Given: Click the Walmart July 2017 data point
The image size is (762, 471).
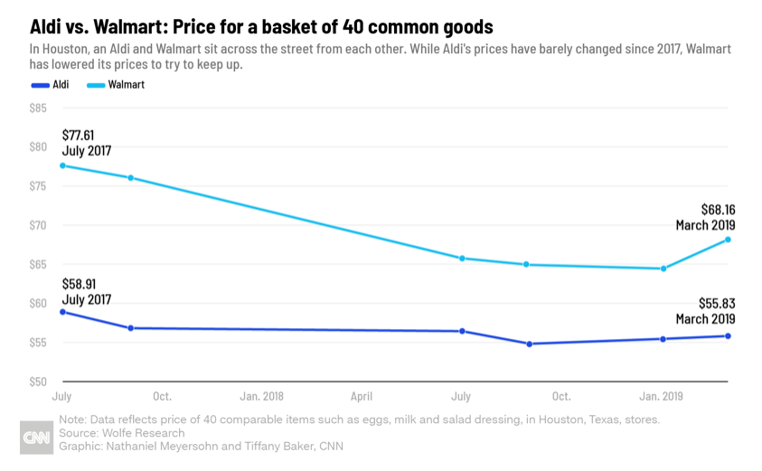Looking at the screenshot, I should tap(62, 165).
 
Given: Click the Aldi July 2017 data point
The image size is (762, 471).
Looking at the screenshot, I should tap(62, 312).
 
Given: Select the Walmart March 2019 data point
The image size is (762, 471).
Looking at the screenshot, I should tap(728, 240).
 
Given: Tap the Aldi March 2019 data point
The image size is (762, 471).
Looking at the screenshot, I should tap(728, 336).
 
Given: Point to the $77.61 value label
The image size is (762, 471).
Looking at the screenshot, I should tap(78, 135).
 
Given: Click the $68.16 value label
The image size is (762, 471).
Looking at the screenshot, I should tap(718, 209).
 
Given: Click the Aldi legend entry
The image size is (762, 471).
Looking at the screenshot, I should tap(55, 85).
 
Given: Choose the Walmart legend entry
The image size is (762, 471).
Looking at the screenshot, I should tap(116, 85).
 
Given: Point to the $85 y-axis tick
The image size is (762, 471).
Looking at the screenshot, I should tap(39, 108).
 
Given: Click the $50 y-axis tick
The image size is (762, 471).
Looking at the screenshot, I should tap(39, 382).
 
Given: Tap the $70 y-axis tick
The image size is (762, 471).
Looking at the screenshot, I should tap(39, 225).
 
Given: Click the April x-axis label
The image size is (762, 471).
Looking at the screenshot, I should tap(362, 397).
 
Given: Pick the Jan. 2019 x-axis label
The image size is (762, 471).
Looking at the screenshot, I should tap(662, 397).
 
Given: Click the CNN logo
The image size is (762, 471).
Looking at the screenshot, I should tap(37, 438).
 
